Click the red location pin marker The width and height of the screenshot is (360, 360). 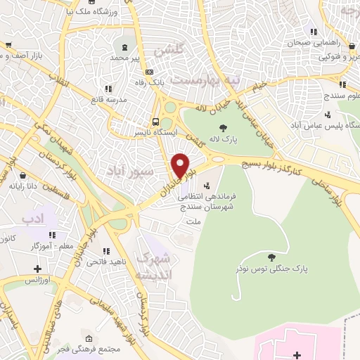(181, 165)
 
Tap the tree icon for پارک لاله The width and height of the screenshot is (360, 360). (223, 127)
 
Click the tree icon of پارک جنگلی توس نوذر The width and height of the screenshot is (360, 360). (271, 257)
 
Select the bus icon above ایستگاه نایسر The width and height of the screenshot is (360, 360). (156, 120)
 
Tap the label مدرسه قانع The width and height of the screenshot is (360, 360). (108, 99)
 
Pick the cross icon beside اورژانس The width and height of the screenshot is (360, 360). (37, 269)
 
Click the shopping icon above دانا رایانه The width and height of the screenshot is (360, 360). (22, 175)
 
